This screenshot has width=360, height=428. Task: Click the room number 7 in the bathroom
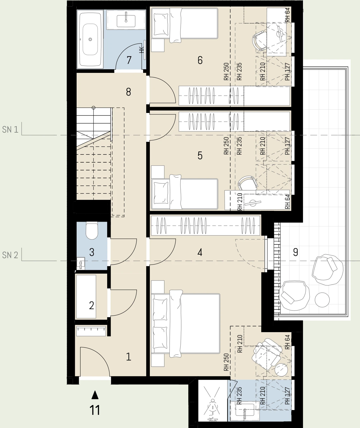click(x=129, y=60)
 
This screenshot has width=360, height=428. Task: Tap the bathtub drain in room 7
click(x=90, y=39)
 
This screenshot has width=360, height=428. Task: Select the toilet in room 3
click(x=92, y=231)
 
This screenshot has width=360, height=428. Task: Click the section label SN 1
click(x=10, y=129)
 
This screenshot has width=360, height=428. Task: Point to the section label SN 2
click(x=10, y=255)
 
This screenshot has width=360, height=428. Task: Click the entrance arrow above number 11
click(x=95, y=395)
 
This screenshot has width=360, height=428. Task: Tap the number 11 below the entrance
click(x=95, y=410)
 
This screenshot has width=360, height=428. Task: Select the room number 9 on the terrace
click(x=295, y=252)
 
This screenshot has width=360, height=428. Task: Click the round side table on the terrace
click(x=322, y=300)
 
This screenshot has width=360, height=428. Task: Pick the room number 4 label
click(x=200, y=252)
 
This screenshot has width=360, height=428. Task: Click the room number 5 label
click(x=200, y=156)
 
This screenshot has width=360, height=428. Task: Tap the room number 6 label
click(x=200, y=60)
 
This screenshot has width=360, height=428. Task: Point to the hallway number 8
click(x=129, y=92)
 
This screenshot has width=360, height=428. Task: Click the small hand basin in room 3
click(x=81, y=263)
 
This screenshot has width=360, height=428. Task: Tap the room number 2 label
click(x=91, y=306)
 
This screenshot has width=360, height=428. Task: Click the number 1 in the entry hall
click(x=129, y=357)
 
